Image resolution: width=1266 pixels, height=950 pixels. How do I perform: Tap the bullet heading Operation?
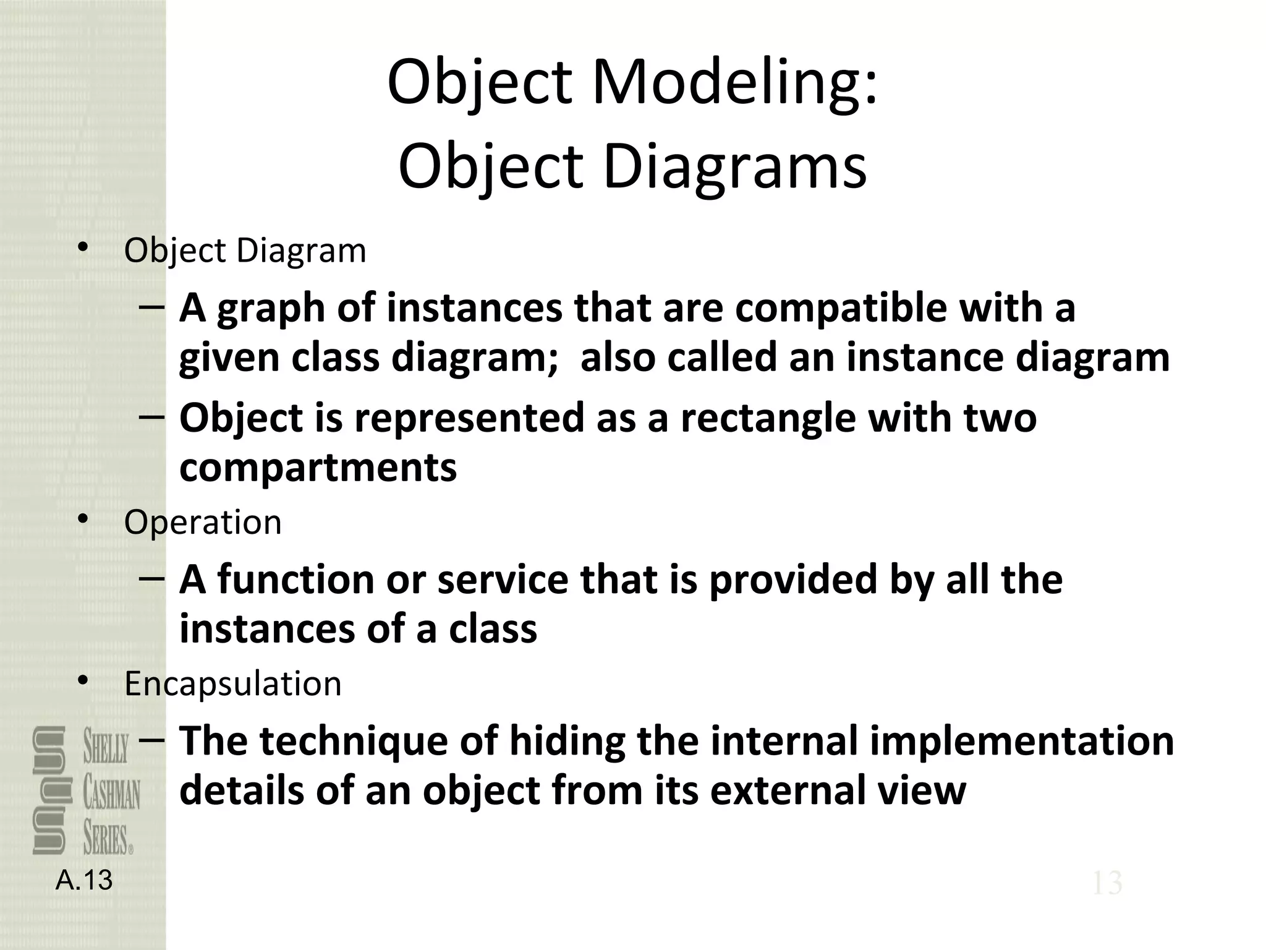coord(203,523)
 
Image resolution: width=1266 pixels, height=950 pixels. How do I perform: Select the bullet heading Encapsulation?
coord(232,684)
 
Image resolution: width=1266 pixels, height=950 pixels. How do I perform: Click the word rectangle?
coord(768,419)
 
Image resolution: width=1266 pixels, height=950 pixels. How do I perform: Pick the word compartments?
coord(318,468)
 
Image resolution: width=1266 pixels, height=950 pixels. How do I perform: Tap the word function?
coord(295,580)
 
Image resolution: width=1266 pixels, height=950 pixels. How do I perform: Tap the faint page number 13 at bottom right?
coord(1107,883)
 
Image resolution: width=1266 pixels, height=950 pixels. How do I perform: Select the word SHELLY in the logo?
coord(106,748)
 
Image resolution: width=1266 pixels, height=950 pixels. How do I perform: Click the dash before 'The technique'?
coord(152,740)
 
